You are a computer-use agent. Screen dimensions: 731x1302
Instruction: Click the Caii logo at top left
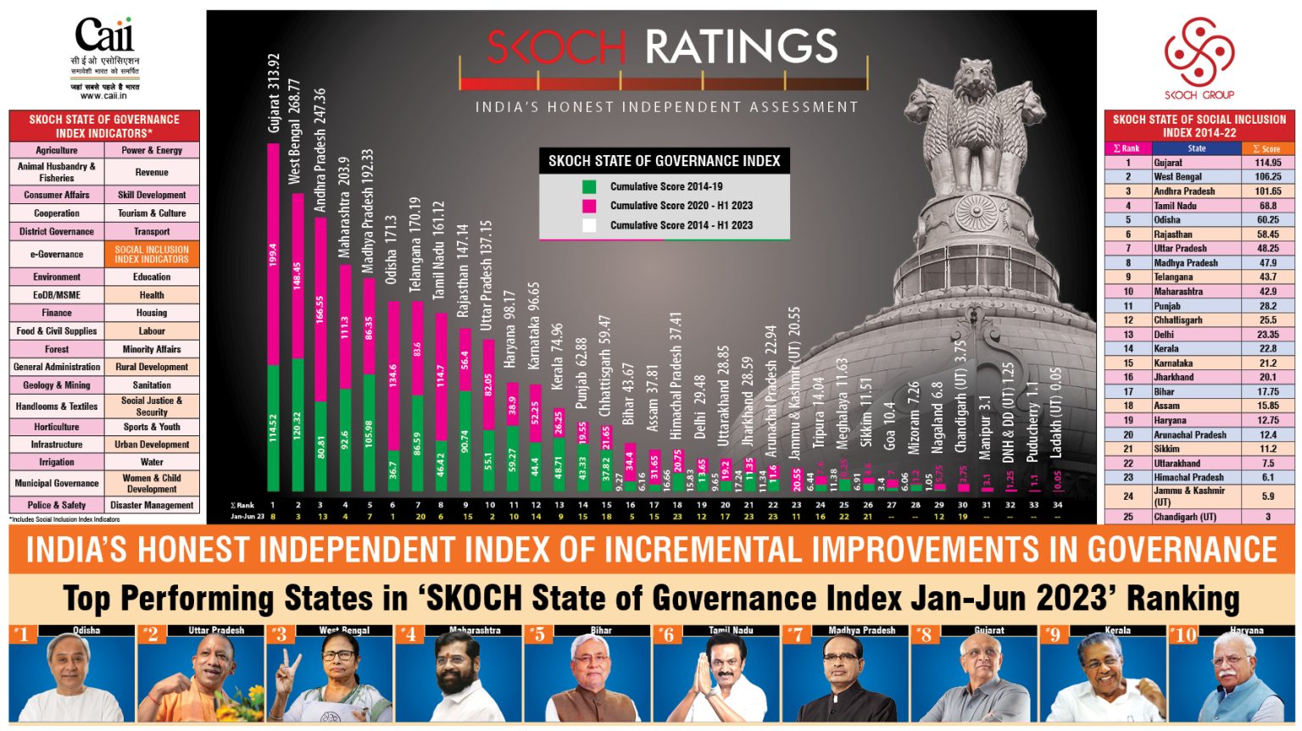tap(104, 36)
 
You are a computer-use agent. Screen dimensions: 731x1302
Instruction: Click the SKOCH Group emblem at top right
tap(1199, 53)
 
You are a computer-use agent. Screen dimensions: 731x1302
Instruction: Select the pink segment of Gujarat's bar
tap(273, 254)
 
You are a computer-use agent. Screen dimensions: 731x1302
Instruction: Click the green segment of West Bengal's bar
tap(298, 424)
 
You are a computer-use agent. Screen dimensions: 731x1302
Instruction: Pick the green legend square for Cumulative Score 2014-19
tap(589, 186)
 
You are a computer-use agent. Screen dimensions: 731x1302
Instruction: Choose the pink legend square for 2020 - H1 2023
tap(589, 206)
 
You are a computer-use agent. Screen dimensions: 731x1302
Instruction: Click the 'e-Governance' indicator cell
tap(57, 254)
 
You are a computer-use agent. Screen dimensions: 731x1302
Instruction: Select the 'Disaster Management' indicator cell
tap(152, 505)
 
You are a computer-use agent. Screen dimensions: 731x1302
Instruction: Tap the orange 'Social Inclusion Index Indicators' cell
tap(152, 254)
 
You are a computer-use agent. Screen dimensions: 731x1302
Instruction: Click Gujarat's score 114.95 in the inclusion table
tap(1267, 163)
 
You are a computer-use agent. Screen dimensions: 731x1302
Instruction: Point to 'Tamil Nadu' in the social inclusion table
tap(1175, 206)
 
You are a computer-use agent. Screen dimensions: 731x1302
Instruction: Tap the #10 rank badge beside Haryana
tap(1182, 634)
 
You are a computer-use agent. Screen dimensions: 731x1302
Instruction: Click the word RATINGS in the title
tap(741, 47)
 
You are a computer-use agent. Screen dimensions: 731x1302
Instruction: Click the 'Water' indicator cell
tap(152, 462)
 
